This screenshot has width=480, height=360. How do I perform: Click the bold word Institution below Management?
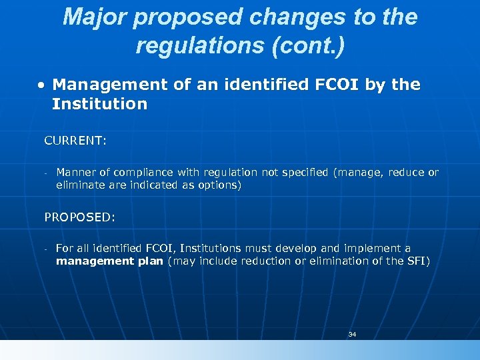[x=99, y=104]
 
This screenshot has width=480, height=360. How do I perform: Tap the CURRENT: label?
[x=75, y=141]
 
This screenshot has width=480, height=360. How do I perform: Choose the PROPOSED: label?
[x=79, y=217]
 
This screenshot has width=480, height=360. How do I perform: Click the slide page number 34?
[x=352, y=334]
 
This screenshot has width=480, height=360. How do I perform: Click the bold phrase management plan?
[x=109, y=261]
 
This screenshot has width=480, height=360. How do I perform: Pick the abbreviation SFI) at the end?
[x=418, y=261]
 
